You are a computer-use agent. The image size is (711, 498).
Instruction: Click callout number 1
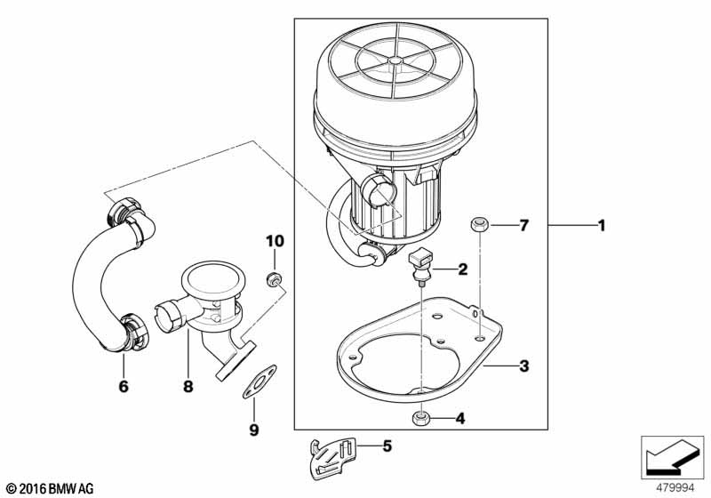[602, 225]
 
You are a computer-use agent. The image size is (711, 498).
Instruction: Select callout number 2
[462, 269]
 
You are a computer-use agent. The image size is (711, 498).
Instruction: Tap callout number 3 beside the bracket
[524, 365]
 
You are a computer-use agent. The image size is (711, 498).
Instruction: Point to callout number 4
[460, 419]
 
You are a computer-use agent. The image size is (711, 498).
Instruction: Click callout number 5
[387, 446]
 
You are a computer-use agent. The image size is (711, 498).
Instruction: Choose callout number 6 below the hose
[124, 387]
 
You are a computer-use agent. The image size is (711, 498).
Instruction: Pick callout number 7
[524, 225]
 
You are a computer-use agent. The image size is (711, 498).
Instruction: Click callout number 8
[188, 387]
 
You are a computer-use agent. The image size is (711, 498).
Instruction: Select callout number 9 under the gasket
[254, 430]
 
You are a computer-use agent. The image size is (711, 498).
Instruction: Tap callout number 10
[275, 241]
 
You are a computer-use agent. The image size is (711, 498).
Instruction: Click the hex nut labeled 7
[478, 225]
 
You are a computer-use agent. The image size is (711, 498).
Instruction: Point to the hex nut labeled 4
[421, 418]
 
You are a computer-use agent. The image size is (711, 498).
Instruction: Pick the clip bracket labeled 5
[332, 459]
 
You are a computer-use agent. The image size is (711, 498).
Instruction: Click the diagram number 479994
[675, 488]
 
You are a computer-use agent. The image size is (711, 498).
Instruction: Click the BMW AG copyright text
[51, 489]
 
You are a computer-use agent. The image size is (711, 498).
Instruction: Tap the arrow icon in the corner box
[672, 457]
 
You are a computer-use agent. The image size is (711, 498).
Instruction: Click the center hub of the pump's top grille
[395, 60]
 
